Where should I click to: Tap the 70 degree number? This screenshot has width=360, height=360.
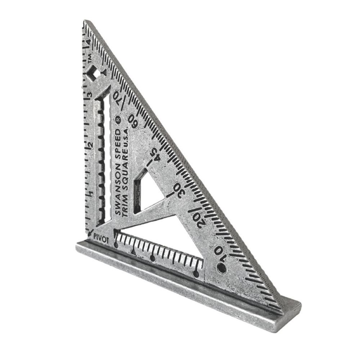click(x=117, y=97)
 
